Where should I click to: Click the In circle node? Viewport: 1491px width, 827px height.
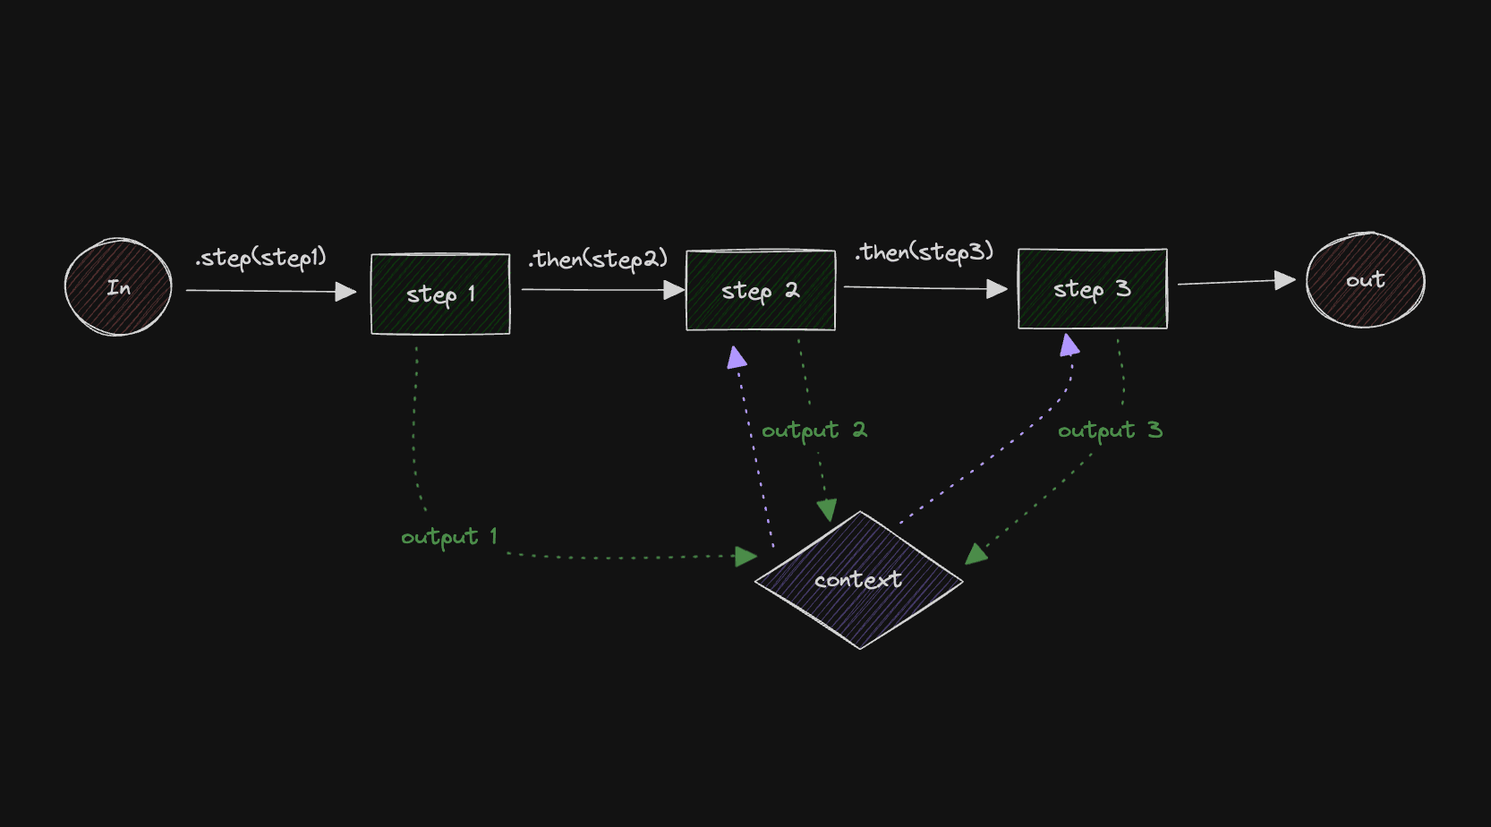tap(118, 287)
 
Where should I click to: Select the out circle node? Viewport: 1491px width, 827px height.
tap(1365, 280)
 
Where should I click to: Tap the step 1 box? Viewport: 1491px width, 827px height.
tap(440, 294)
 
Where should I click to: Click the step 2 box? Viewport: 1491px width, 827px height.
tap(761, 290)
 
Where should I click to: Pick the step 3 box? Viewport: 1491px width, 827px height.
tap(1092, 289)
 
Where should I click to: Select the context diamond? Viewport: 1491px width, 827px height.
tap(858, 580)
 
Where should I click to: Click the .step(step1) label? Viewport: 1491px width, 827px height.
tap(261, 258)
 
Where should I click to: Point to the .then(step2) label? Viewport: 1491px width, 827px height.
tap(598, 260)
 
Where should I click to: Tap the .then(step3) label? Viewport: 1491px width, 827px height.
tap(924, 252)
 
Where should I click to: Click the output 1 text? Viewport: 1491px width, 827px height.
tap(448, 537)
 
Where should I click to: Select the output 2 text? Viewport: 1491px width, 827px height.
tap(814, 431)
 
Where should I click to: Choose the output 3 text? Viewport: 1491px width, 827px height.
tap(1110, 431)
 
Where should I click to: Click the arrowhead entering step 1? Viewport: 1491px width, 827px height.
tap(346, 292)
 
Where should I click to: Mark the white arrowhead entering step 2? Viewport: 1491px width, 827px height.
tap(675, 290)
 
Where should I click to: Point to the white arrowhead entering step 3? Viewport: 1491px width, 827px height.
tap(997, 289)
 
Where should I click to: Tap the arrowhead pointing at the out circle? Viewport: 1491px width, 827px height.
tap(1285, 280)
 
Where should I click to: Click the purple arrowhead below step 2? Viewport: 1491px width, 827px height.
tap(737, 359)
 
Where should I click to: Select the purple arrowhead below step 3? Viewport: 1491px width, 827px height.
tap(1069, 345)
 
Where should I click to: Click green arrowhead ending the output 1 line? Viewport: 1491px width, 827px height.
tap(745, 557)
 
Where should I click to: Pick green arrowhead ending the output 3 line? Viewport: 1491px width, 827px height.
tap(976, 554)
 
